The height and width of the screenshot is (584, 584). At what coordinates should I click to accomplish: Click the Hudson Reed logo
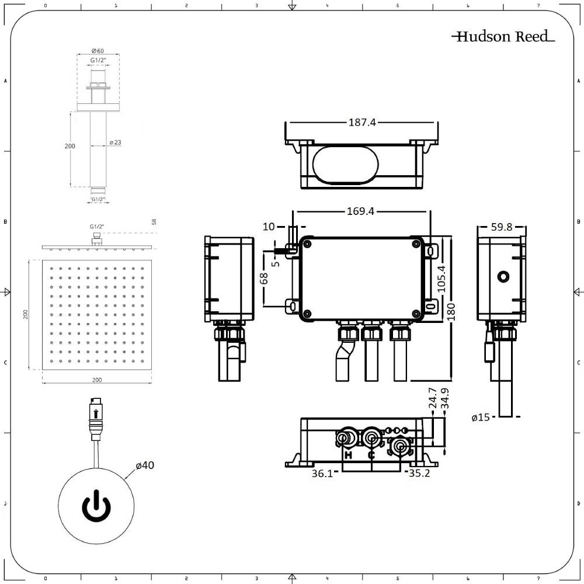[503, 37]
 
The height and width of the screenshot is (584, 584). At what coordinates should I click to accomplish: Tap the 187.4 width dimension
[362, 123]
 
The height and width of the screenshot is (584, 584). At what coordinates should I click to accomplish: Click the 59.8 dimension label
[502, 227]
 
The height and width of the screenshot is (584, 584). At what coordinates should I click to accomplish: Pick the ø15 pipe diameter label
[482, 417]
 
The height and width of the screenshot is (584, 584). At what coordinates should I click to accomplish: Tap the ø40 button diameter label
[145, 465]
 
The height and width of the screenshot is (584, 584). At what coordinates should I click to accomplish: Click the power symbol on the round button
[96, 506]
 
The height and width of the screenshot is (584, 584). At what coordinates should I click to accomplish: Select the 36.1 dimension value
[322, 474]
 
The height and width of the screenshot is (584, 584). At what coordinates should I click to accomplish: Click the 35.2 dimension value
[419, 474]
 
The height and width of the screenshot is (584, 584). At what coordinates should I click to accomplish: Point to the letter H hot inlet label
[348, 455]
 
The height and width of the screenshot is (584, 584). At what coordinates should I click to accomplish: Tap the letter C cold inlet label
[371, 455]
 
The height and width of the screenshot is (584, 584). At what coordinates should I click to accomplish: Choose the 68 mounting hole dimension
[263, 278]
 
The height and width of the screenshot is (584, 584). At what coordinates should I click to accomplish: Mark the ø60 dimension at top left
[98, 51]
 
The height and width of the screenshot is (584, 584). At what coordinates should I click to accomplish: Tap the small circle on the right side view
[502, 275]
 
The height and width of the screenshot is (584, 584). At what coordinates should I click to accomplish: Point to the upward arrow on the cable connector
[96, 415]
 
